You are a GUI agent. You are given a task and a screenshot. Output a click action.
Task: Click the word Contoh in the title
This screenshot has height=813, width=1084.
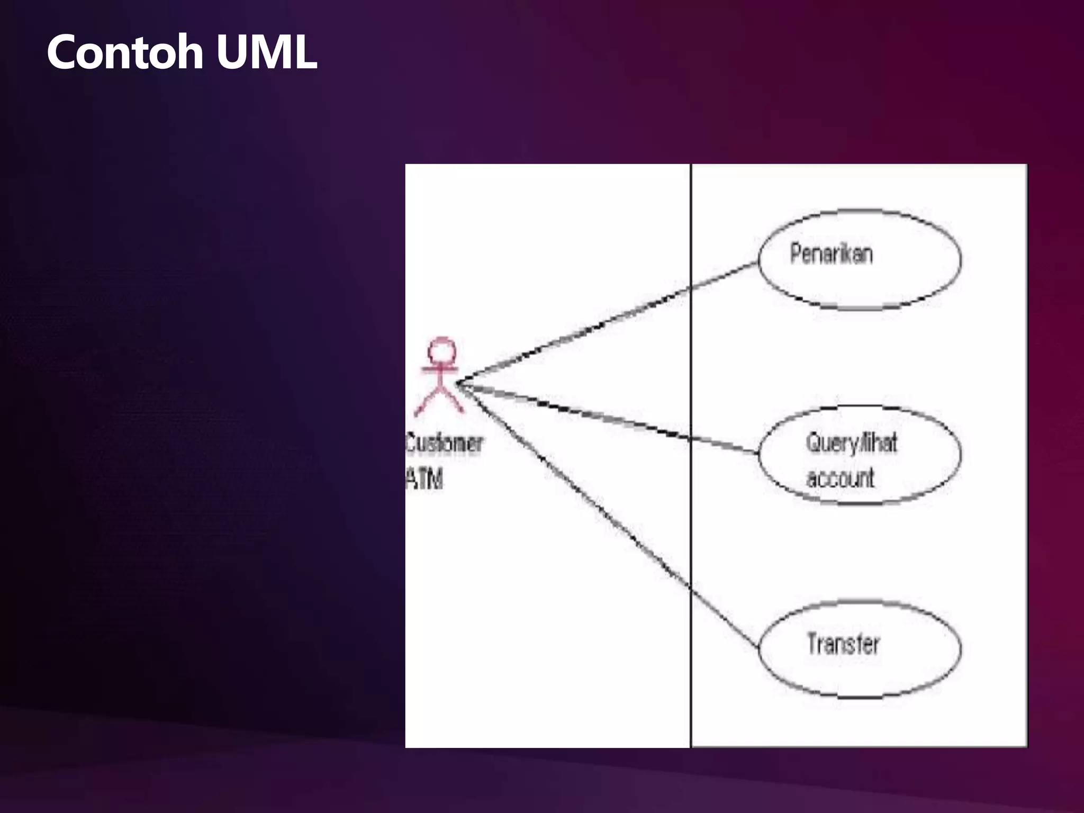[x=125, y=52]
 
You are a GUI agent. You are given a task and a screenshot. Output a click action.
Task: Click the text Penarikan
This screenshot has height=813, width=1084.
[x=831, y=254]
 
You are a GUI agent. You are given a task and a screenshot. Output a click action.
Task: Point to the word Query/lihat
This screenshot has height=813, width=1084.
[x=851, y=442]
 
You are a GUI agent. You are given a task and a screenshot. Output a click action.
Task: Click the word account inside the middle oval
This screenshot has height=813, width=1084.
[x=840, y=478]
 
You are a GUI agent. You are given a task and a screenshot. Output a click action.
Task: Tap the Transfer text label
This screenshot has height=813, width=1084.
[x=843, y=644]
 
